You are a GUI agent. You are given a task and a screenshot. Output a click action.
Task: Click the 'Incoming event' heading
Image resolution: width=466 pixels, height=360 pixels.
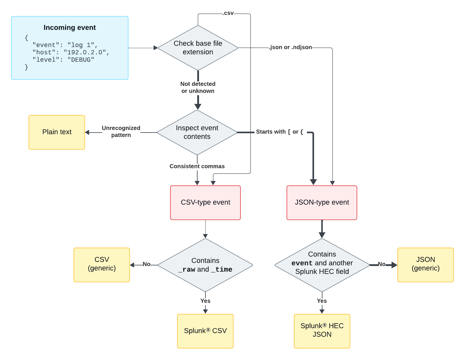point(69,27)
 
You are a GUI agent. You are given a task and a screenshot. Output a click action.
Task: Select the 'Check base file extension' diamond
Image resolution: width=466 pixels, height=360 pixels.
point(198,48)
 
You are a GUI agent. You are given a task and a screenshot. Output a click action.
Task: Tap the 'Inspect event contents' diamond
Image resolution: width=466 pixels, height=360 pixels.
point(197,132)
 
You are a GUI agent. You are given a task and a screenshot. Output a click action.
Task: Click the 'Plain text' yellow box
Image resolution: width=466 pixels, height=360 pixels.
point(57,132)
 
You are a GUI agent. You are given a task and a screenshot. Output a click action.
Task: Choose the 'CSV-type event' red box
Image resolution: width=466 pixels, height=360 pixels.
point(205,202)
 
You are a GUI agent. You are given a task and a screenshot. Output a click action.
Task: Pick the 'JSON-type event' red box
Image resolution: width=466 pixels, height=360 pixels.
point(322,202)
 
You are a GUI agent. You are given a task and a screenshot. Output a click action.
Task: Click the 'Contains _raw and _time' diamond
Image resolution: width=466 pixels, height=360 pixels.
point(205,265)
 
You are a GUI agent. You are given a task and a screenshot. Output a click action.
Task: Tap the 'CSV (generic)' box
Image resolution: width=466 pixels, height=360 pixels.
point(102,264)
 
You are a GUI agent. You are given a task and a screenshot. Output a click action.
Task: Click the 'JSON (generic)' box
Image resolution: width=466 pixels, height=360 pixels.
point(425,264)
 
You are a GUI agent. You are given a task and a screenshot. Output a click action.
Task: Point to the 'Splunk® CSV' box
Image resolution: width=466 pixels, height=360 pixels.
point(205,331)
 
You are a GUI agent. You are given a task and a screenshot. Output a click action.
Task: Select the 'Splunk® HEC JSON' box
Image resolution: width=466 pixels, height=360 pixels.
point(322,330)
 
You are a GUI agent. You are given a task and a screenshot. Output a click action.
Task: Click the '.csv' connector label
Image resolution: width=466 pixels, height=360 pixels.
point(228,13)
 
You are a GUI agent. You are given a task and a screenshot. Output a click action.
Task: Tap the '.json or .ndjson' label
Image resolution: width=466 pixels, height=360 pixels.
point(290,47)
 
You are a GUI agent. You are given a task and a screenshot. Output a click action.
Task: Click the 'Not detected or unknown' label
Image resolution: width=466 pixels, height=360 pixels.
point(198,87)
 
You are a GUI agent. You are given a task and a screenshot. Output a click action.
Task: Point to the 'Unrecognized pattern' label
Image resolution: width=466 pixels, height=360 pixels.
point(121,131)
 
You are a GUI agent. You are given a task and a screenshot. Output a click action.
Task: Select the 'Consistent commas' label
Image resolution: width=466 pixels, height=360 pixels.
point(197,166)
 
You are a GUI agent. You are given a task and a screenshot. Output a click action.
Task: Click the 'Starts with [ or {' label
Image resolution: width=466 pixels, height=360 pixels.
point(280,132)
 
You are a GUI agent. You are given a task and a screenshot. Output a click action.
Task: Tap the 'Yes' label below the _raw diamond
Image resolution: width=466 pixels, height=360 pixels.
point(205,301)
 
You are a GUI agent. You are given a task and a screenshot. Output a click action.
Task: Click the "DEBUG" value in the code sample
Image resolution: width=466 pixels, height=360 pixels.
point(81,60)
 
